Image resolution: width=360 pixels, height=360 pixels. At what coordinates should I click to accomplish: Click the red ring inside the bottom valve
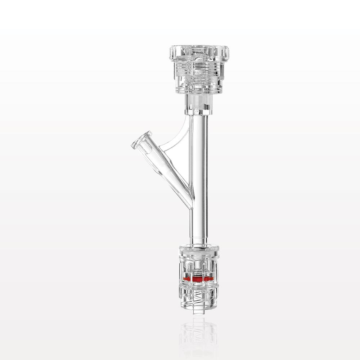(x=198, y=279)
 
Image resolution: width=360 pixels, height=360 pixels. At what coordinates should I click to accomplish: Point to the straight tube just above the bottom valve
(x=199, y=230)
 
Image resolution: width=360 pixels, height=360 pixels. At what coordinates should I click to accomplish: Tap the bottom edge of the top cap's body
(x=199, y=92)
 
